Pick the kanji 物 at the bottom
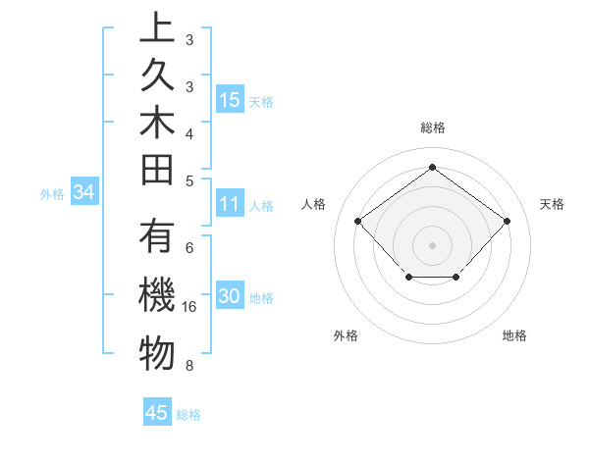157,353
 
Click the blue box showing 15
230,100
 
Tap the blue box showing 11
230,204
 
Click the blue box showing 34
83,193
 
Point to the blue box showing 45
157,413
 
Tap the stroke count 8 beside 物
188,366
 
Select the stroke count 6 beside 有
188,248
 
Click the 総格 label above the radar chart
432,128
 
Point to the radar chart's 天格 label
552,204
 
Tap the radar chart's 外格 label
346,335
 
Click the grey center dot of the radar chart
432,244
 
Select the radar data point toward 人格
358,221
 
